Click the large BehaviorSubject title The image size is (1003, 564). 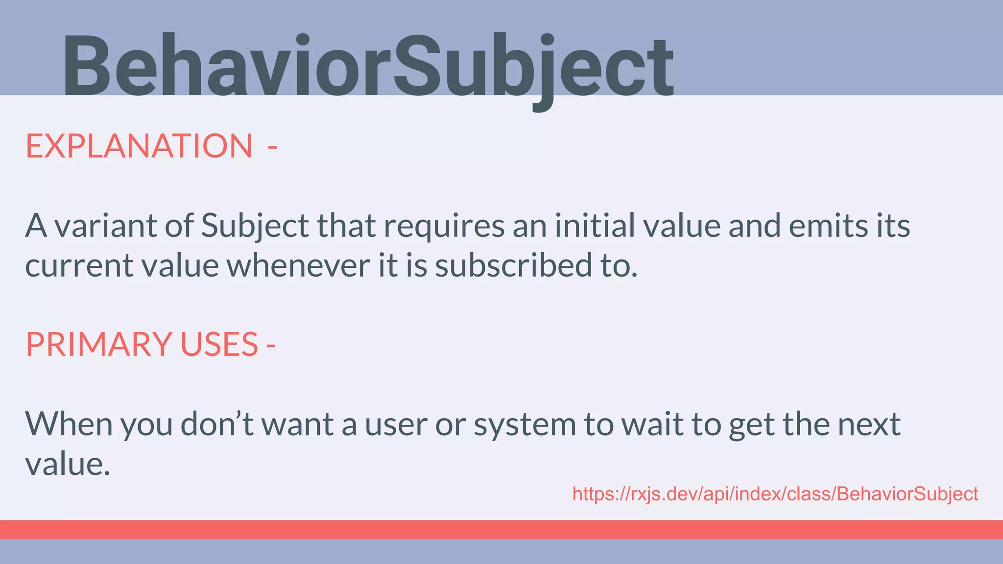coord(367,66)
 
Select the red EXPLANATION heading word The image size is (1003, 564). coord(139,146)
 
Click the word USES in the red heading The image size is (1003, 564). coord(219,344)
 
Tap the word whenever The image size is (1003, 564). coord(299,265)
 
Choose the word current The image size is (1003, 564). coord(78,265)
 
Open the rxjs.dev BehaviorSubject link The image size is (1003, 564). coord(775,494)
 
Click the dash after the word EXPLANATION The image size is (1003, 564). coord(272,147)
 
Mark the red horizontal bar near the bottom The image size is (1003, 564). coord(501,529)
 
